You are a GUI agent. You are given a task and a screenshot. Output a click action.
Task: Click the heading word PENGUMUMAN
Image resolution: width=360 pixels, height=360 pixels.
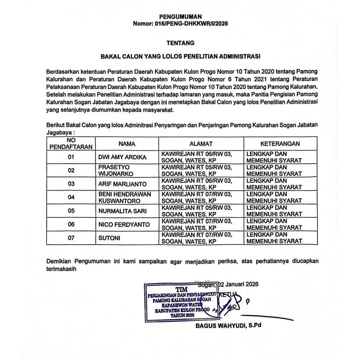(x=180, y=17)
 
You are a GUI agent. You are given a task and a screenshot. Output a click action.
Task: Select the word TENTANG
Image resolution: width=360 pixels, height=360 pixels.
(x=180, y=43)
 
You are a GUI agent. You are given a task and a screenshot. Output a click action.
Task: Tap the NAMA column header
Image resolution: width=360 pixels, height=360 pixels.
(x=127, y=144)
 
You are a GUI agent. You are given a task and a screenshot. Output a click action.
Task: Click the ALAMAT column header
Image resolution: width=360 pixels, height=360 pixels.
(x=201, y=144)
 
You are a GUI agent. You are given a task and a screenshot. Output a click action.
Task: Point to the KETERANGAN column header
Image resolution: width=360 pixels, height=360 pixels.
(x=280, y=144)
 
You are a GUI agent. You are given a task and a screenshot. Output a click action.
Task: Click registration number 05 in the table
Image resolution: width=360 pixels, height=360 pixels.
(x=71, y=211)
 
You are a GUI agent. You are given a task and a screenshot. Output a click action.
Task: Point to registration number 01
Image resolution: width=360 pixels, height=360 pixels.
(x=71, y=157)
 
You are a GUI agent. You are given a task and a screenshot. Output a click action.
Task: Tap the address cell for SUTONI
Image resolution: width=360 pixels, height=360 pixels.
(x=197, y=238)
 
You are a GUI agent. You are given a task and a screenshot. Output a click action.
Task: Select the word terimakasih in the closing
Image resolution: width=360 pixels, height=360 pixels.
(x=61, y=270)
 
